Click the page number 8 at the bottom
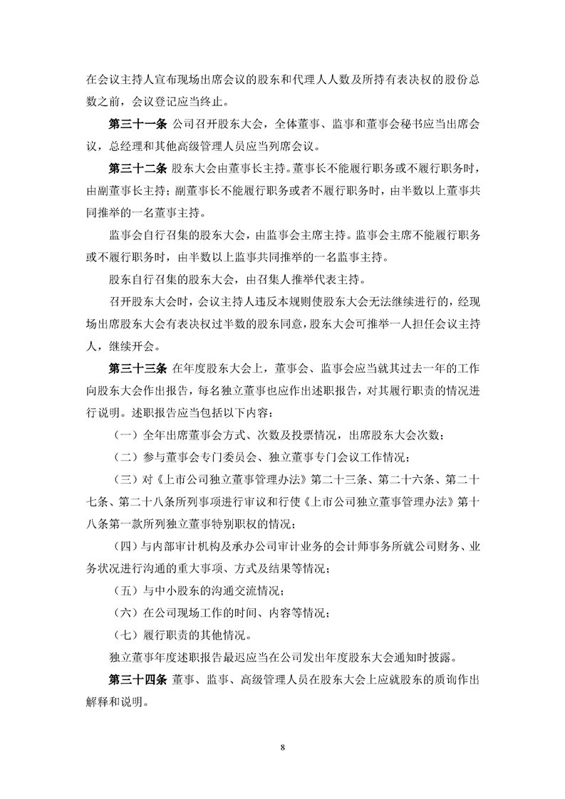coord(283,747)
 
